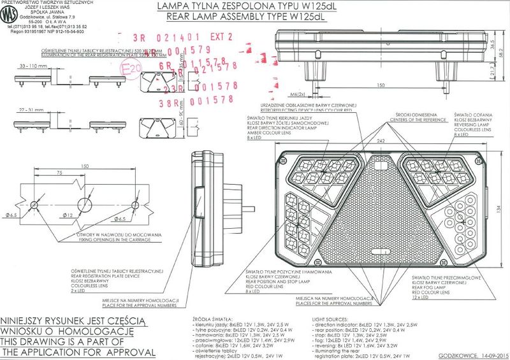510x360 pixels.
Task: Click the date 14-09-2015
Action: coord(488,355)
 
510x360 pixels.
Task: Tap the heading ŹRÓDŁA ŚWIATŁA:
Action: coord(211,317)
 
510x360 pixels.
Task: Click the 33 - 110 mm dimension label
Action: coord(35,66)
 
